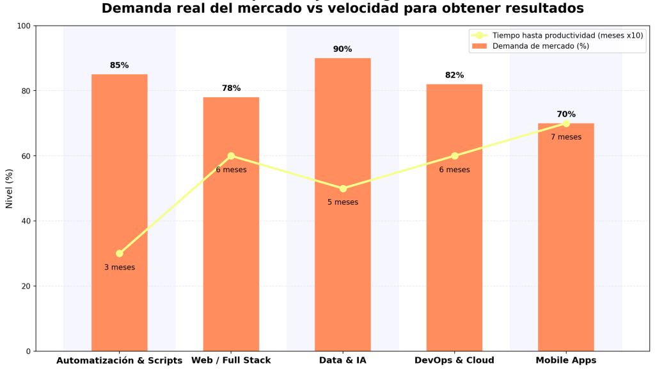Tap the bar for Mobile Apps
[565, 256]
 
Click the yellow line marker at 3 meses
[120, 253]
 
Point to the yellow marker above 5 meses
[343, 188]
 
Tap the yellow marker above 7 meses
[566, 123]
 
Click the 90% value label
[342, 49]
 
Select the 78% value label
[231, 88]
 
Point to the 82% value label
[454, 76]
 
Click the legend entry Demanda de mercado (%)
[541, 46]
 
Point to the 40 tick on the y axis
[26, 221]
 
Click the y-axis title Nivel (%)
[10, 188]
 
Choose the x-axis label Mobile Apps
[565, 360]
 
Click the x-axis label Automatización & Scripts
[120, 360]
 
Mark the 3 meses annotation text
[120, 268]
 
